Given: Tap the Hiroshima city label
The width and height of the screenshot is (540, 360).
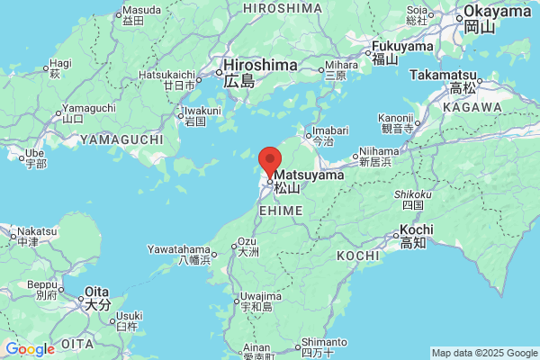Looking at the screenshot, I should [x=260, y=66].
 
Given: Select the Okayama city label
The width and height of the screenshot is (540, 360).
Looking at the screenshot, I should [x=497, y=12].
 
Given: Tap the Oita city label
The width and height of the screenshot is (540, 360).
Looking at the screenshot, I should [x=96, y=292].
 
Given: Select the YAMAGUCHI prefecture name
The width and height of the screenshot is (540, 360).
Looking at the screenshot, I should [x=121, y=139].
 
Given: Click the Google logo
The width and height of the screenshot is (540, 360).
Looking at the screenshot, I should [x=30, y=349].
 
